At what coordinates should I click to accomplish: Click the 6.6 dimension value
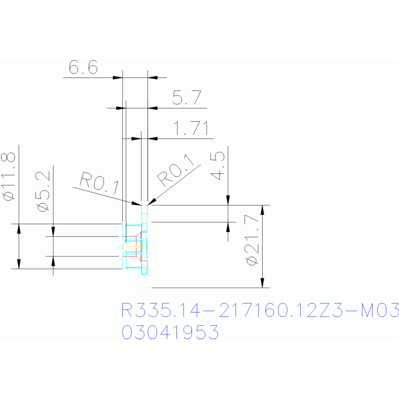point(83,68)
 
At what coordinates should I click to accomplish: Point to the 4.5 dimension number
point(218,165)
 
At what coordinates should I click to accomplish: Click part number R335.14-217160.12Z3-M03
point(260,311)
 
